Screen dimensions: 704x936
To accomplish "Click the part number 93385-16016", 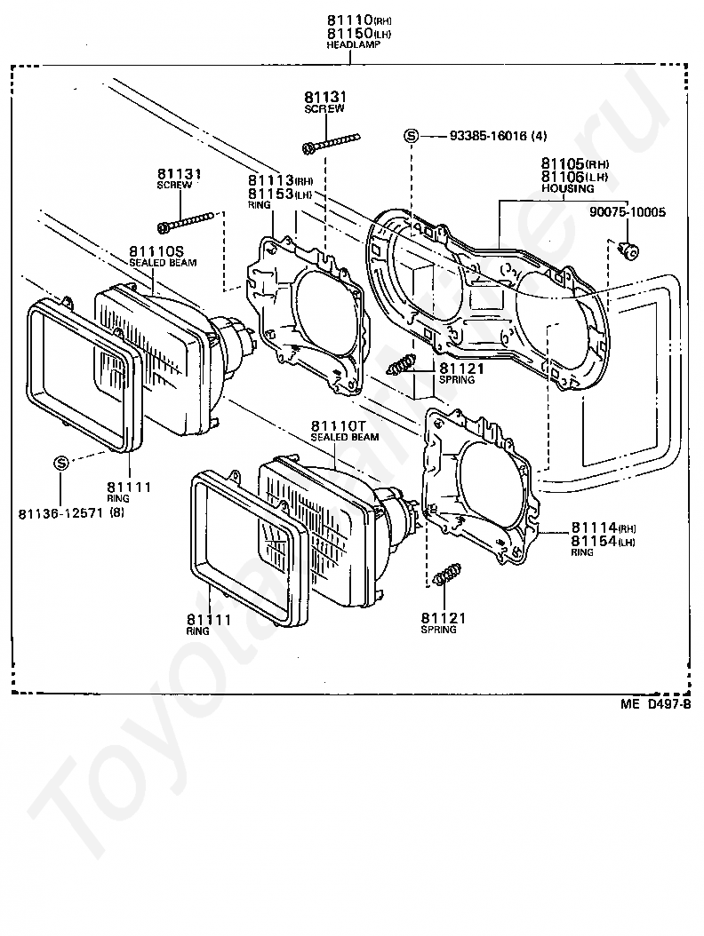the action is [x=489, y=136].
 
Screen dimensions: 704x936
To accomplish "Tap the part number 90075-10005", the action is [x=627, y=212].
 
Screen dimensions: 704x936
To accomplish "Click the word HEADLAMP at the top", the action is [x=353, y=44].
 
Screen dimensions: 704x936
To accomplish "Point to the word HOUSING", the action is [x=568, y=188].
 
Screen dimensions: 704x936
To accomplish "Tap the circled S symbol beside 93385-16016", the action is [x=412, y=136].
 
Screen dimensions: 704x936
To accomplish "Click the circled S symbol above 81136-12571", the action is [x=61, y=463].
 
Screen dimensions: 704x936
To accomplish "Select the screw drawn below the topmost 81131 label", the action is [x=332, y=142].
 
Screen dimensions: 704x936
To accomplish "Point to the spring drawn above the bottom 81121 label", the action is [x=447, y=574].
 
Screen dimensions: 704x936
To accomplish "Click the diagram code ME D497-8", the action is [x=656, y=704].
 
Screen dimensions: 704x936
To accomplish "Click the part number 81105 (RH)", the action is [x=575, y=163].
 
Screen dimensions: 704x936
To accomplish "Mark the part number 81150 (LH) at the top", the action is [x=358, y=33].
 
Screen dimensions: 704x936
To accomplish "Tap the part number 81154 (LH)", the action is [x=603, y=542].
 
